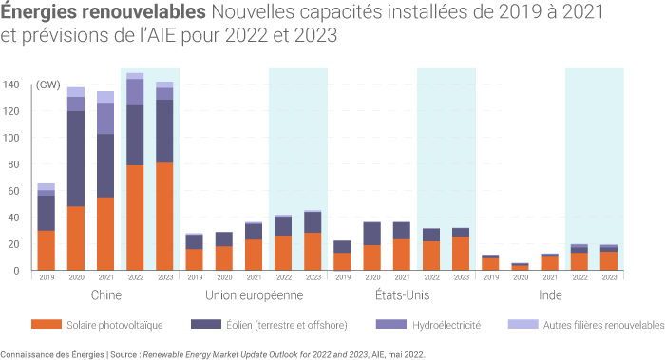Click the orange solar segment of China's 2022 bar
(x=135, y=218)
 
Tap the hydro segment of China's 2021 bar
(x=105, y=119)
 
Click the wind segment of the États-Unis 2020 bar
(x=371, y=234)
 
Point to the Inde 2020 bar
(x=520, y=267)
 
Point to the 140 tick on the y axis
(x=10, y=85)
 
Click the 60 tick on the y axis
(x=10, y=191)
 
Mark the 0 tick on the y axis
(x=15, y=271)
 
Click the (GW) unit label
(x=48, y=85)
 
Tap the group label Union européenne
(x=253, y=295)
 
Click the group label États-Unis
(x=401, y=295)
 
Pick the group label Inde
(x=550, y=295)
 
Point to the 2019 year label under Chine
(x=46, y=278)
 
